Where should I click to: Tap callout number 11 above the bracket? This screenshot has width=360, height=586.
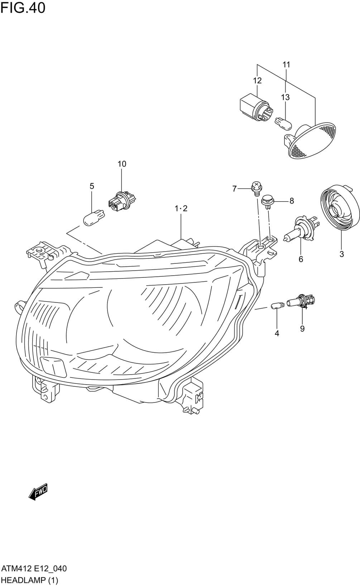(286, 65)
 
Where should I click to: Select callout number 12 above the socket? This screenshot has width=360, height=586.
(257, 80)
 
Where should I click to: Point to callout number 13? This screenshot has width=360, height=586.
(285, 97)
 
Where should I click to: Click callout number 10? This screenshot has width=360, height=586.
(122, 164)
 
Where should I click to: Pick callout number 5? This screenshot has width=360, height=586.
(92, 186)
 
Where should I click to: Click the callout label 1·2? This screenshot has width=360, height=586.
(181, 208)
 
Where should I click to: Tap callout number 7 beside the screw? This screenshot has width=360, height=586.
(234, 189)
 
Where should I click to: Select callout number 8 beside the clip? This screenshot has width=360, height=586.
(292, 201)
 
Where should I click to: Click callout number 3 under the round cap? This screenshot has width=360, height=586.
(341, 254)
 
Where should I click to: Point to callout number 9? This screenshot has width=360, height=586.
(302, 328)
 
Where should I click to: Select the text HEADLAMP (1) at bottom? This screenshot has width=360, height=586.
(30, 580)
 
